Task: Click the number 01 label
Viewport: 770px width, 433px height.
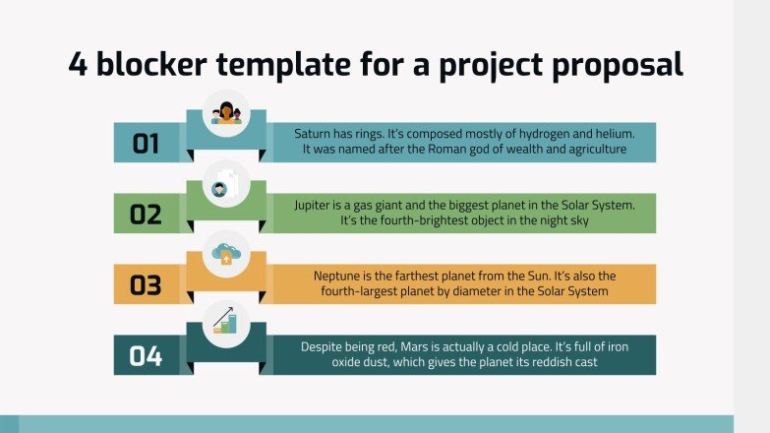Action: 146,144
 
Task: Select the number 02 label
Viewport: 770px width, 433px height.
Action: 146,215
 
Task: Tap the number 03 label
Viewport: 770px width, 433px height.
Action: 146,285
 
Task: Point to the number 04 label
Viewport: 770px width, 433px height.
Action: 146,356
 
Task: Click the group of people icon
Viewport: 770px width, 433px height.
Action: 226,113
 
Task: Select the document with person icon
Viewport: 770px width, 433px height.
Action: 226,184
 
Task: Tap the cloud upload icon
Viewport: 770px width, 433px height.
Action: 226,254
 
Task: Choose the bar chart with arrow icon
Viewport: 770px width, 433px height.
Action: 225,321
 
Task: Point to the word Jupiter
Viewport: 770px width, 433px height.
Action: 313,206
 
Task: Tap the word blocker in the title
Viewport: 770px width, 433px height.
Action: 151,64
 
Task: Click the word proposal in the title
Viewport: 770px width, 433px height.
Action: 618,65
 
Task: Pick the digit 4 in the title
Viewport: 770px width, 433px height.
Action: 78,64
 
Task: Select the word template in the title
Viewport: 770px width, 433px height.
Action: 283,65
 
